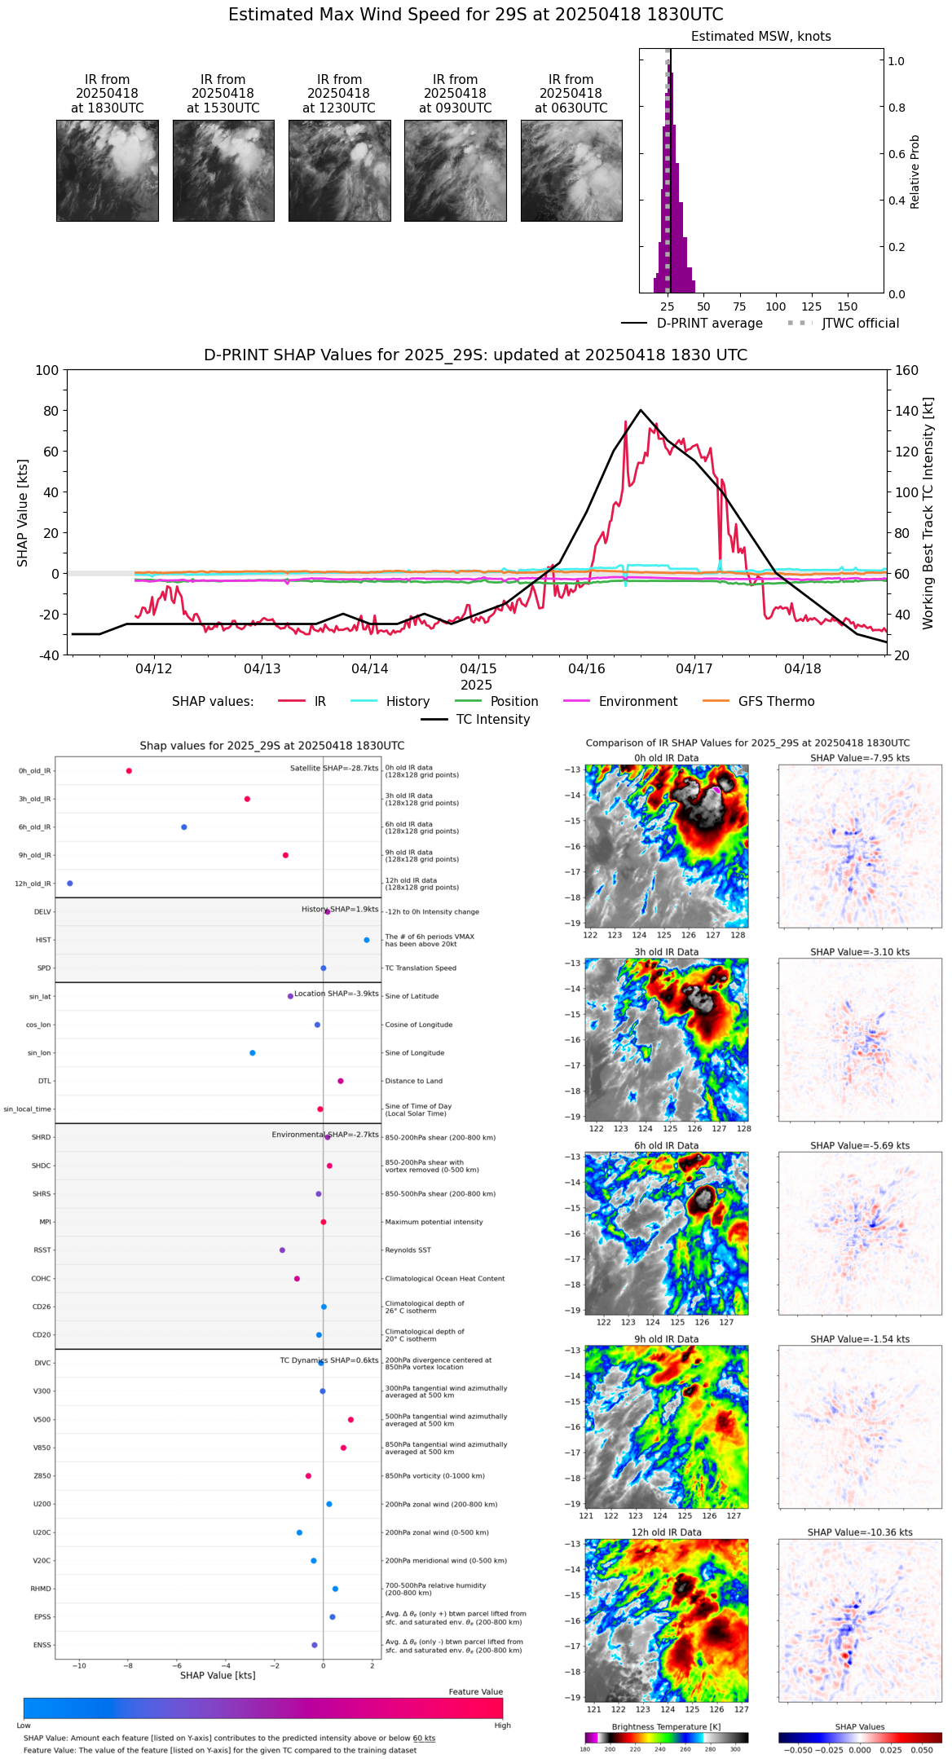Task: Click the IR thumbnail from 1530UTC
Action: pyautogui.click(x=223, y=170)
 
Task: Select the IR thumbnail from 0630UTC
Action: pyautogui.click(x=571, y=170)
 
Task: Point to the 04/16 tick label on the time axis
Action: pyautogui.click(x=587, y=669)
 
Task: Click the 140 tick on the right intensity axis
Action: pyautogui.click(x=906, y=411)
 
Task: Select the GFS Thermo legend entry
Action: pyautogui.click(x=776, y=702)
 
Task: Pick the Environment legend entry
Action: pyautogui.click(x=637, y=702)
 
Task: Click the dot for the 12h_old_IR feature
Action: pyautogui.click(x=70, y=884)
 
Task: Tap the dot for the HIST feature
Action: pyautogui.click(x=367, y=940)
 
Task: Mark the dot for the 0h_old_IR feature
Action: pyautogui.click(x=129, y=771)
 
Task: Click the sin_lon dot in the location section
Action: pyautogui.click(x=253, y=1053)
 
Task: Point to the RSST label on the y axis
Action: pyautogui.click(x=42, y=1250)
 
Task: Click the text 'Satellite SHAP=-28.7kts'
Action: pyautogui.click(x=334, y=769)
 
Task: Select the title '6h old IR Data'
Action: pyautogui.click(x=666, y=1145)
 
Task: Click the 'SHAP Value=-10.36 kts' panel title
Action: pyautogui.click(x=860, y=1532)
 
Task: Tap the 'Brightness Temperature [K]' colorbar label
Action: pyautogui.click(x=666, y=1726)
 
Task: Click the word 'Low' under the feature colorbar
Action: pyautogui.click(x=24, y=1726)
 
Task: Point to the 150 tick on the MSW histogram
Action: pyautogui.click(x=848, y=307)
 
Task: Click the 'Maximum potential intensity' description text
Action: pyautogui.click(x=434, y=1222)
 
